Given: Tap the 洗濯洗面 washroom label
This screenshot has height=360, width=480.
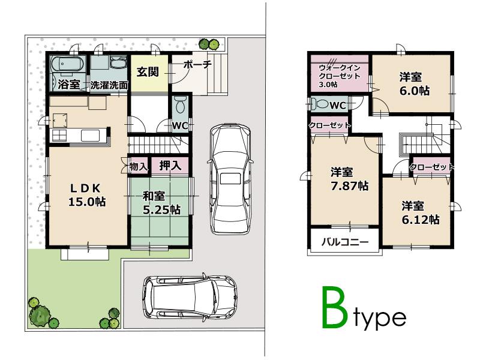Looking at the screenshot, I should click(109, 85).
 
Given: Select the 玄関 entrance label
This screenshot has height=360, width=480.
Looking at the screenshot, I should click(147, 72).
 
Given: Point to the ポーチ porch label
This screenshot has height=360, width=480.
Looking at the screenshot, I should click(197, 65).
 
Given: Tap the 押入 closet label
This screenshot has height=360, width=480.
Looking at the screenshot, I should click(171, 165).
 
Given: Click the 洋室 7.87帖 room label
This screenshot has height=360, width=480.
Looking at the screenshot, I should click(345, 179).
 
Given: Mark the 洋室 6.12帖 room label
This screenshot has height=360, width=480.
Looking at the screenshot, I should click(420, 212).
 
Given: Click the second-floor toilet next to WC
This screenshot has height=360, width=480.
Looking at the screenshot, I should click(319, 104).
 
